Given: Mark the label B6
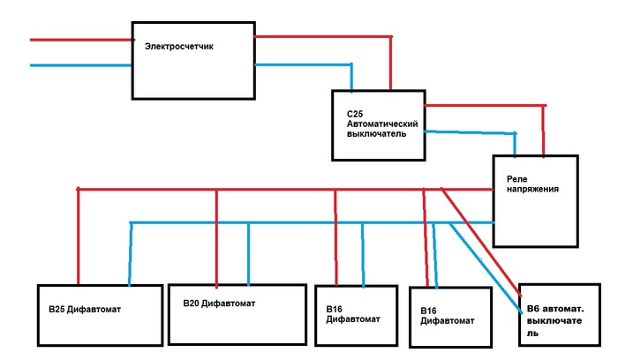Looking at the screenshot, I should coord(532,306).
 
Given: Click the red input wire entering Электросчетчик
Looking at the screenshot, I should coord(79,40).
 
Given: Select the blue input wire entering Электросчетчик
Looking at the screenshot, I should coord(79,64).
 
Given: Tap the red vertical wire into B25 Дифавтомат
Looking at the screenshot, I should coord(79,238).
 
